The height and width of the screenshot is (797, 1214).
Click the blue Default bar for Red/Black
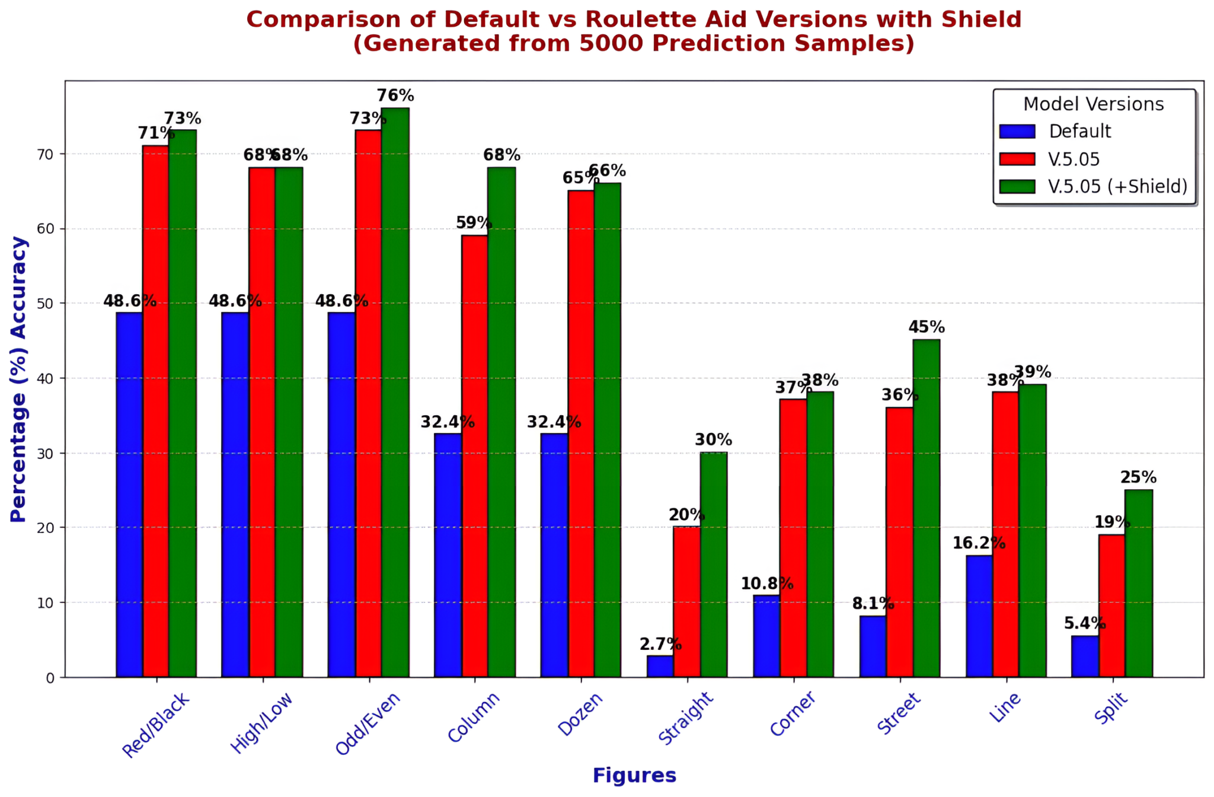coord(129,495)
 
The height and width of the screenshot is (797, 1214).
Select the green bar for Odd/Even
coord(395,392)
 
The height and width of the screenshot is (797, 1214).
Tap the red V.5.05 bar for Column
coord(474,456)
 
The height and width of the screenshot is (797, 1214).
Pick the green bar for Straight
coord(713,565)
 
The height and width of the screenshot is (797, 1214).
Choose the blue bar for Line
coord(979,616)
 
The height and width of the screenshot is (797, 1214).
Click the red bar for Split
coord(1111,605)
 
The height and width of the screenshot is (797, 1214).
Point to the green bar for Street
coord(926,508)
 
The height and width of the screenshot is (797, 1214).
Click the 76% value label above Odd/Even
coord(395,95)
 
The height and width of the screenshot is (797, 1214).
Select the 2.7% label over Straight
coord(660,644)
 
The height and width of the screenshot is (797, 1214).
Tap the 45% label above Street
coord(926,327)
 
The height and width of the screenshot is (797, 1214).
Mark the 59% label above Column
coord(474,223)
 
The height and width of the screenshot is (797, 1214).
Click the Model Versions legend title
coord(1093,104)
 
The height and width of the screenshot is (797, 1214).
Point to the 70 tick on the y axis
coord(46,154)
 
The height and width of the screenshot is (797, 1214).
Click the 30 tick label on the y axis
coord(46,453)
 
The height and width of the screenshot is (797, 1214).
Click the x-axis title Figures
coord(634,776)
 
